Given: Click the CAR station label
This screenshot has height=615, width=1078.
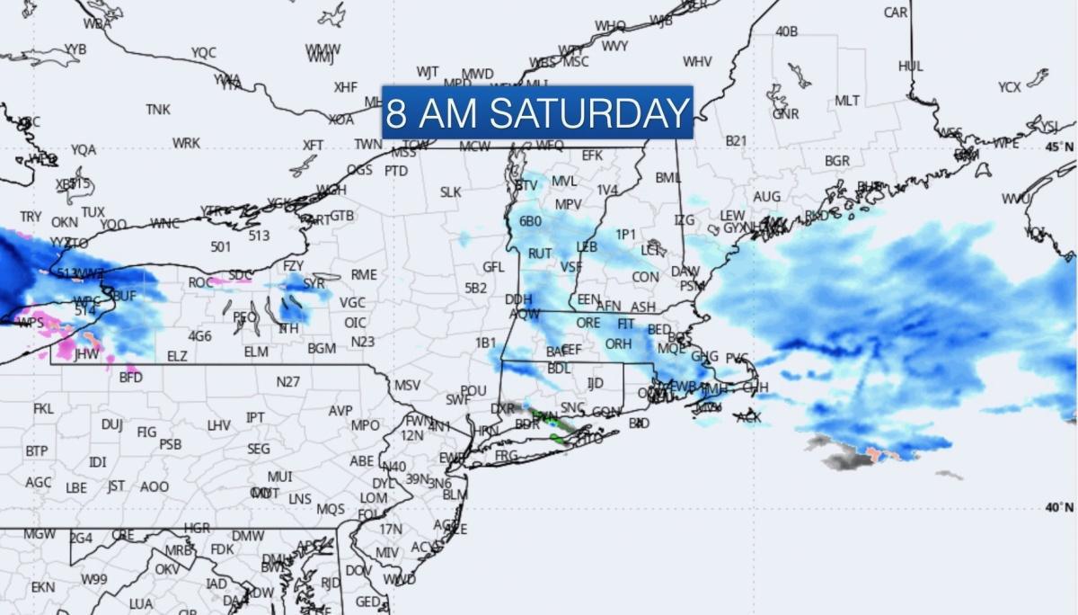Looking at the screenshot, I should click(x=896, y=13).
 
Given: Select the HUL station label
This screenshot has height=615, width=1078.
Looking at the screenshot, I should click(x=910, y=66).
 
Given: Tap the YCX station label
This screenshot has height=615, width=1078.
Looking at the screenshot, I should click(x=1009, y=87).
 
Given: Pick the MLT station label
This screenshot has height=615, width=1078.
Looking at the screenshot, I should click(x=846, y=101).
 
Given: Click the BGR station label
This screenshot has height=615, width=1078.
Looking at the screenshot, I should click(x=837, y=161).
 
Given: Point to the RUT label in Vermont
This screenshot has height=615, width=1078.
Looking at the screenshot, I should click(x=539, y=254).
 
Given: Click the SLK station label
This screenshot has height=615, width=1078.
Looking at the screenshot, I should click(x=450, y=192).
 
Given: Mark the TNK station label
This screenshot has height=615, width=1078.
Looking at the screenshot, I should click(x=158, y=109).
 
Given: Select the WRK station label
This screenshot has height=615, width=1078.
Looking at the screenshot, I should click(x=186, y=143).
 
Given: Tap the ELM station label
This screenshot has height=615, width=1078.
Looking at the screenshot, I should click(x=256, y=352).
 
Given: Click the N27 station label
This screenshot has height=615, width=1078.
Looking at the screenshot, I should click(x=287, y=381).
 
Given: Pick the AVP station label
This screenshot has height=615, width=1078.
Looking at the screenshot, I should click(x=340, y=410).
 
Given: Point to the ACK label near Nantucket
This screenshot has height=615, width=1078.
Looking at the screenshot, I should click(x=748, y=417).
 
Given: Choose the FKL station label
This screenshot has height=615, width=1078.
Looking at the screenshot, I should click(x=43, y=408).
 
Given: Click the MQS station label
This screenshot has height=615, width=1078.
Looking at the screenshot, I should click(x=331, y=509).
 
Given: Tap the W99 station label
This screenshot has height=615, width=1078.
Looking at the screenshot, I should click(x=94, y=579).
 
